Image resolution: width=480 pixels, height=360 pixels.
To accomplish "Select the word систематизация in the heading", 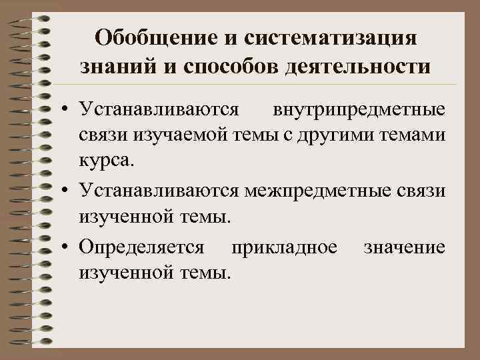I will (x=331, y=37).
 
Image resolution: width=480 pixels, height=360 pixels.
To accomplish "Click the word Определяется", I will (x=141, y=247).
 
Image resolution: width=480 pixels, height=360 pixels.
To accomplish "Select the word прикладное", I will (x=283, y=247).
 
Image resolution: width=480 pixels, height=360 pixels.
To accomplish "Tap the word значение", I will (x=404, y=247).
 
